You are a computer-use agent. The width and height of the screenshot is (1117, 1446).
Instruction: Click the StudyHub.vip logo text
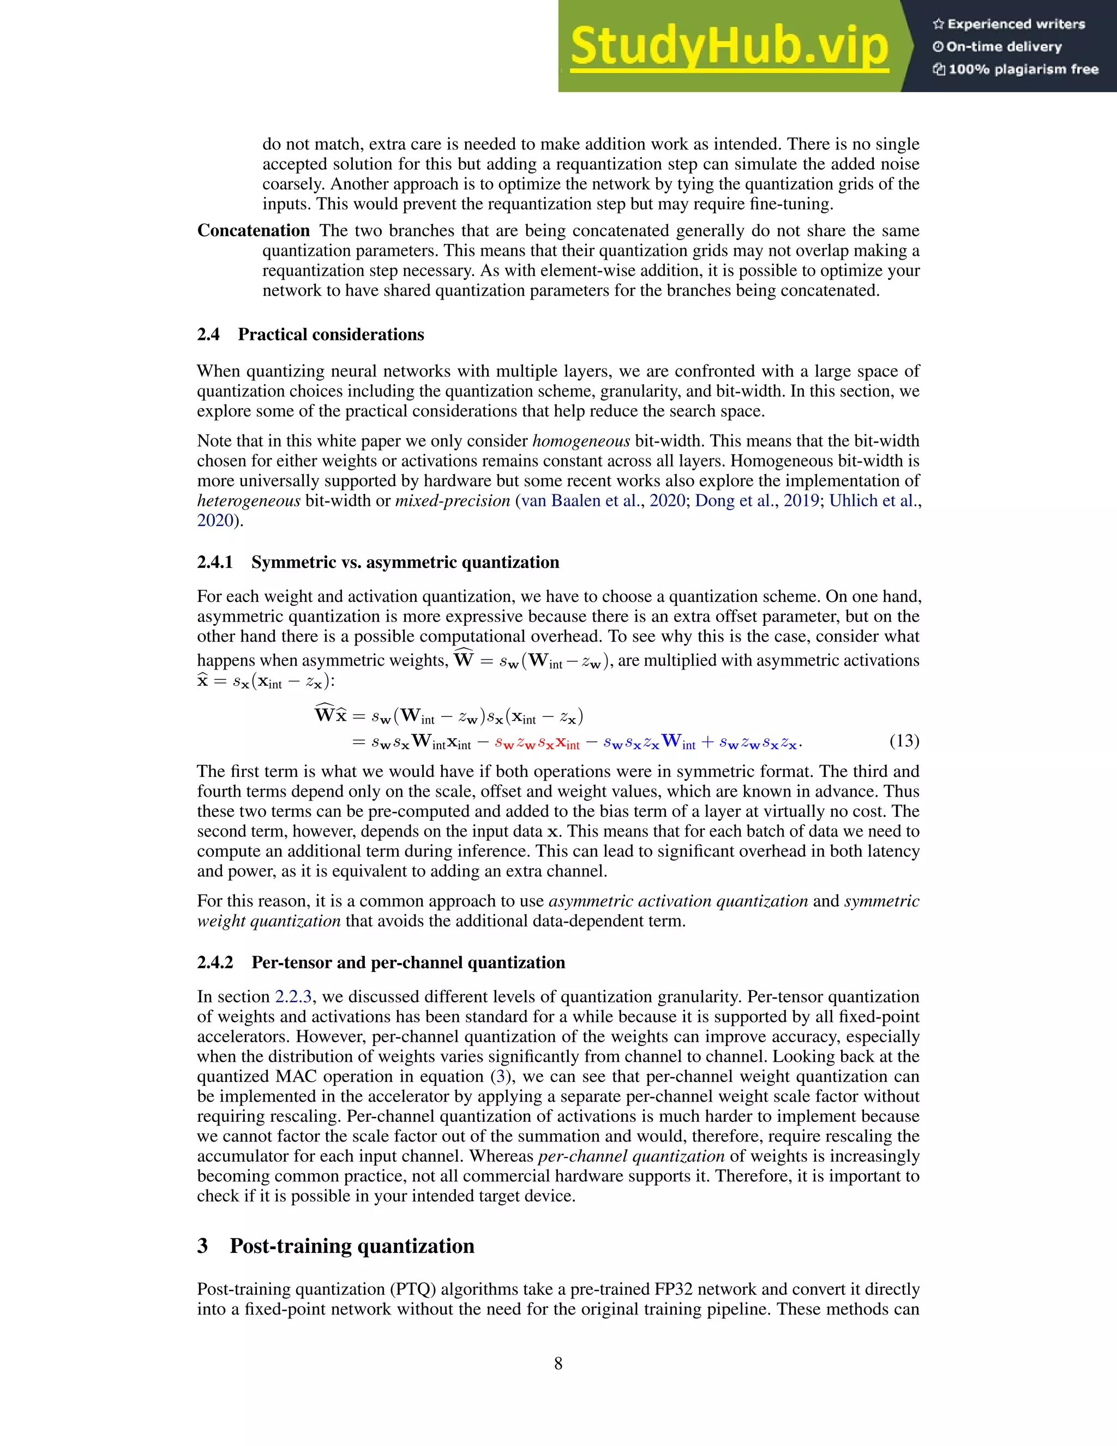tap(729, 46)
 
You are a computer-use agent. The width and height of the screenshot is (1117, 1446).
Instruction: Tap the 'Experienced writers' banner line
tap(1009, 25)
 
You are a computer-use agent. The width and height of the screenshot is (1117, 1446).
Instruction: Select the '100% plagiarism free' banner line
tap(1016, 69)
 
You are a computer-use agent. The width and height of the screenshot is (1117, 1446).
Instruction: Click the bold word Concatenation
tap(254, 230)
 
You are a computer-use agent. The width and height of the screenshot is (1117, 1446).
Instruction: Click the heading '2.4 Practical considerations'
tap(310, 334)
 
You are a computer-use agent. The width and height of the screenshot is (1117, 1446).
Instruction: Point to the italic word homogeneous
tap(580, 441)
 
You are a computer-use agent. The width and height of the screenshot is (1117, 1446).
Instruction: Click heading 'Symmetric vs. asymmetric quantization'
tap(405, 562)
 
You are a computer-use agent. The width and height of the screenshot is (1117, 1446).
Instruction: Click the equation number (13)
tap(904, 740)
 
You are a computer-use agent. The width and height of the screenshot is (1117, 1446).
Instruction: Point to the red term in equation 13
tap(537, 743)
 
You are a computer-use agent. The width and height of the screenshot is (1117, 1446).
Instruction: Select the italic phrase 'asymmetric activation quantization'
tap(678, 901)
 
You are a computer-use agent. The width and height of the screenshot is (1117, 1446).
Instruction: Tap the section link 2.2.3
tap(293, 996)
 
